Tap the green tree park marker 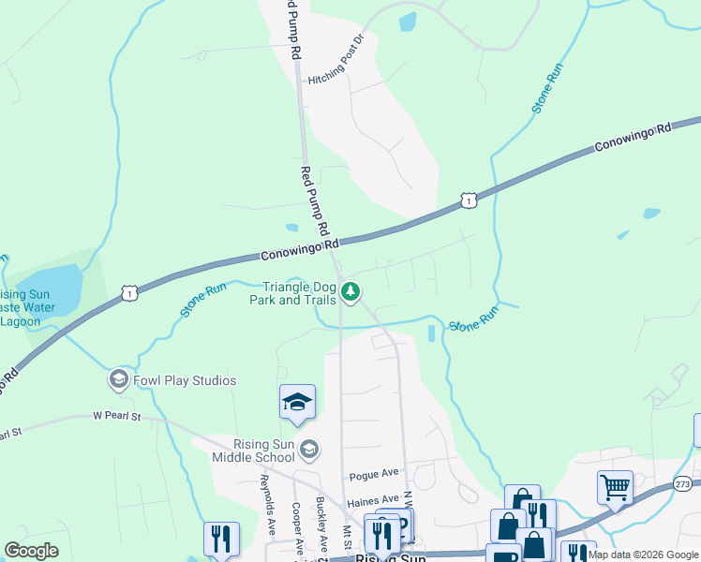point(350,293)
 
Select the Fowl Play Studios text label point(185,380)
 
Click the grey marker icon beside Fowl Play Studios point(118,380)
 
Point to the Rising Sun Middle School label point(253,451)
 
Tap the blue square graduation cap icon point(297,402)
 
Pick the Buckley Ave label point(321,525)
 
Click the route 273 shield point(683,483)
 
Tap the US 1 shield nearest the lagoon point(129,294)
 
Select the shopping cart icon point(615,487)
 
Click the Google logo point(31,551)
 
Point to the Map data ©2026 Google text point(643,555)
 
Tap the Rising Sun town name point(389,556)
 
